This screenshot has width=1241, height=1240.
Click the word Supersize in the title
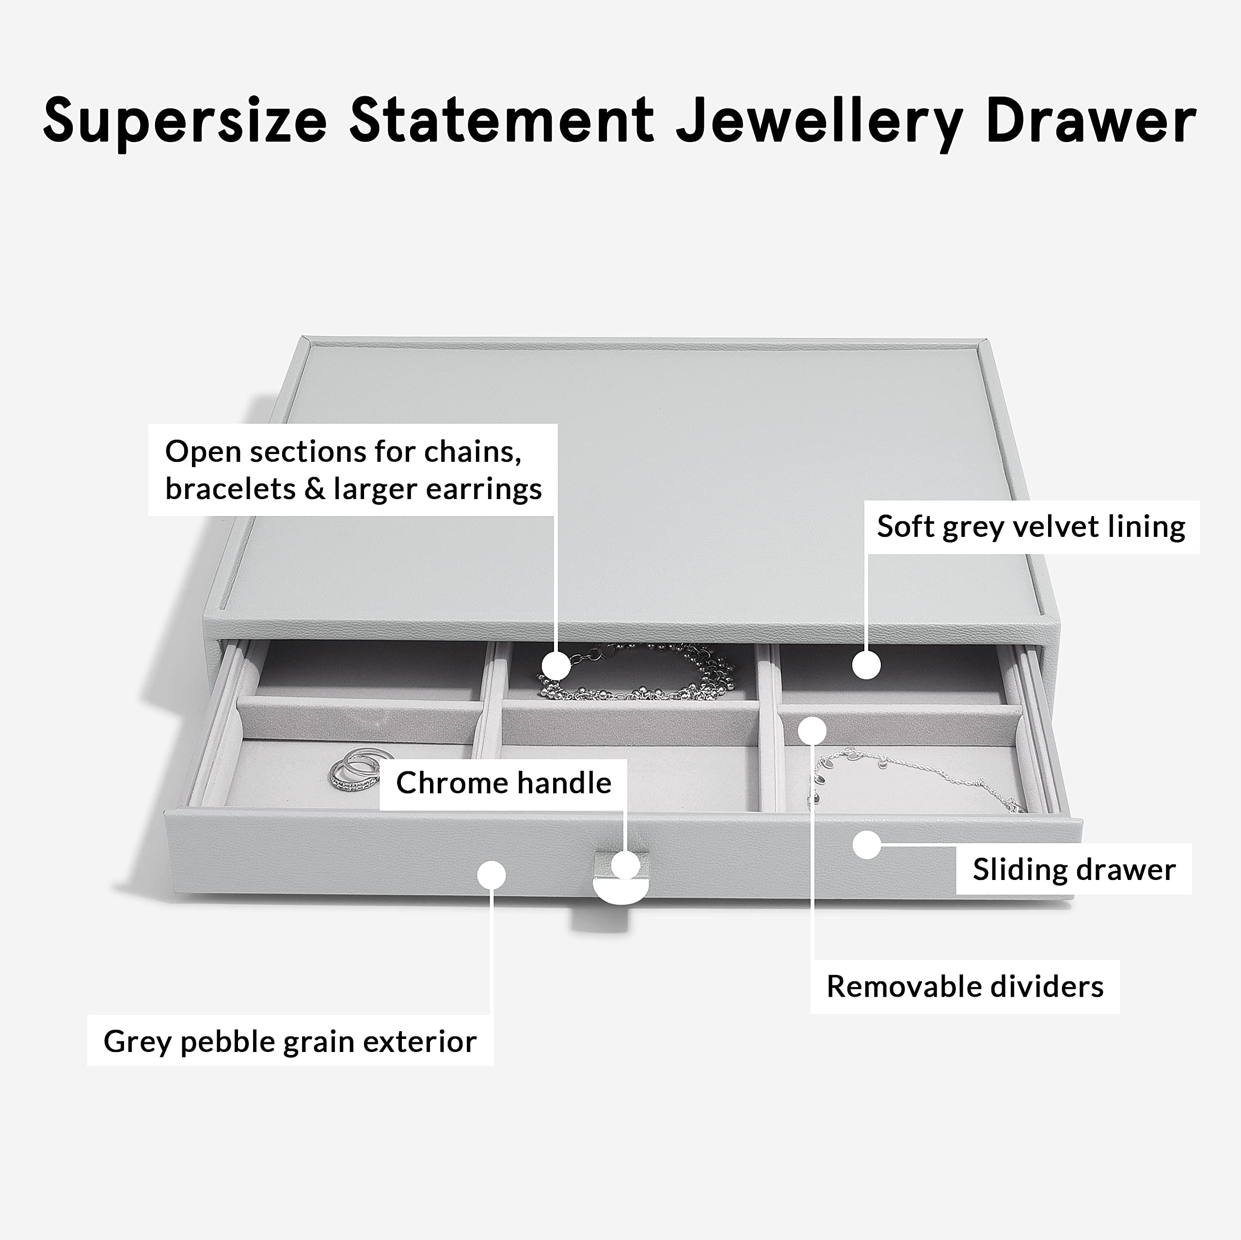(x=185, y=121)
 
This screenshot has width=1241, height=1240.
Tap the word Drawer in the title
(x=1091, y=121)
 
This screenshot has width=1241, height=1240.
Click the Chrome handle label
(x=504, y=783)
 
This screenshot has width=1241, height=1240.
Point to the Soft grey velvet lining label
(x=1032, y=527)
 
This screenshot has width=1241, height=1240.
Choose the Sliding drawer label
(x=1074, y=869)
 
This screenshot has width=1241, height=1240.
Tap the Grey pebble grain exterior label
(x=290, y=1041)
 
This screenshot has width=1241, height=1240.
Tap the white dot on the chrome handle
(x=626, y=864)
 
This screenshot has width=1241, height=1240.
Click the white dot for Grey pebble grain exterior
(x=492, y=875)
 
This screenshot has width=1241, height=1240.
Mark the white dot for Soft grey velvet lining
(x=866, y=665)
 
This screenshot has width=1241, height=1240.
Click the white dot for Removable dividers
(x=812, y=730)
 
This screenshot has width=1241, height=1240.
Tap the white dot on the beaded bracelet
(x=556, y=666)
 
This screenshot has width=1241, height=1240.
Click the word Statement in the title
(x=502, y=121)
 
